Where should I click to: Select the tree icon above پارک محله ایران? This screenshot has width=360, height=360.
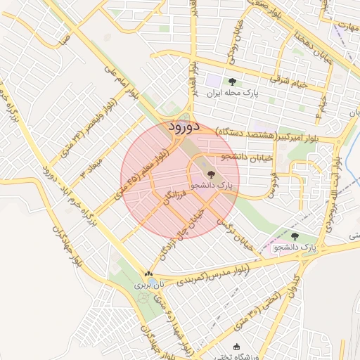[233, 82]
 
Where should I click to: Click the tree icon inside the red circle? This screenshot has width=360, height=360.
[210, 173]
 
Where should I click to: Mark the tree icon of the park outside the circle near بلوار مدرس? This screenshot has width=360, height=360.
[295, 237]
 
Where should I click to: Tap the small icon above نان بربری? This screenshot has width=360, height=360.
[148, 274]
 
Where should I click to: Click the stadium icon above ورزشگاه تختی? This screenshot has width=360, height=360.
[236, 347]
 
